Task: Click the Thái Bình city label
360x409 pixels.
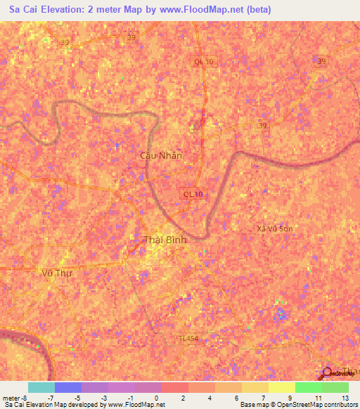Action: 166,240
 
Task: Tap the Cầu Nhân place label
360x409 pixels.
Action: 161,155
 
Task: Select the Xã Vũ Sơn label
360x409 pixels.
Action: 274,228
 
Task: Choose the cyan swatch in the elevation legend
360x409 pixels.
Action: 41,387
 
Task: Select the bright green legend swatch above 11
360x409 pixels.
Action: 308,387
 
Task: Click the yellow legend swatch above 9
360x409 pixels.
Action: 281,387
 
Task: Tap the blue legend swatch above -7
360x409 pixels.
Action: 67,387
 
